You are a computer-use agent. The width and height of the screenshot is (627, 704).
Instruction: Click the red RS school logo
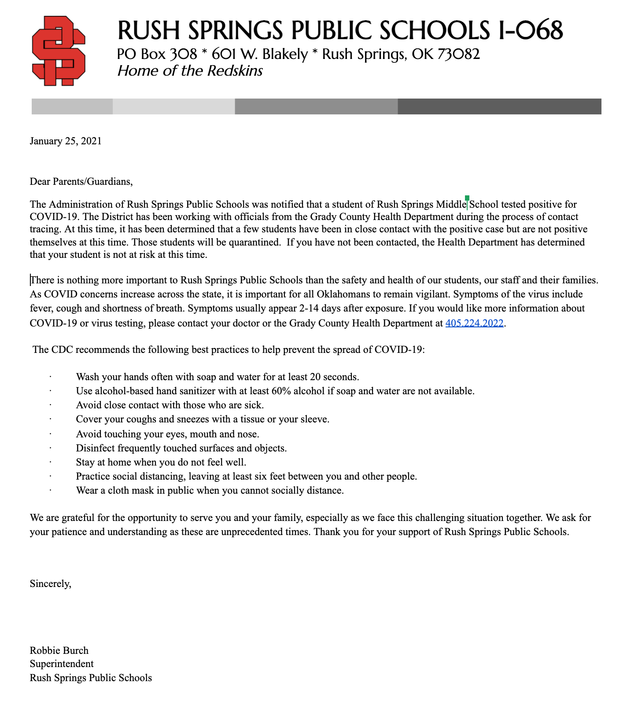59,51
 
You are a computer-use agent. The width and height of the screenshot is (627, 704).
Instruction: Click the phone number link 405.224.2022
474,323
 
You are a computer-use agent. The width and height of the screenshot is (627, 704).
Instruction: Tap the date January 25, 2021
66,141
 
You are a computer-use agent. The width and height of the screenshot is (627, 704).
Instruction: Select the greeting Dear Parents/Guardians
81,181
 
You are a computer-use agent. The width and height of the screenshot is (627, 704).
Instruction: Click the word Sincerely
50,584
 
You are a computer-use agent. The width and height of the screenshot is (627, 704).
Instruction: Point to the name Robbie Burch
59,650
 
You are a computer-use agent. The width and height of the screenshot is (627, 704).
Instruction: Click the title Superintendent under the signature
62,664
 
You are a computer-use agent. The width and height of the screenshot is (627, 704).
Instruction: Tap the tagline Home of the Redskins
190,71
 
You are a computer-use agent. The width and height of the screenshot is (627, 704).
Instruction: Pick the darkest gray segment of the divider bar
499,106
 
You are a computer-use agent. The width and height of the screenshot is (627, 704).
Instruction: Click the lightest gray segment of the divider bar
173,106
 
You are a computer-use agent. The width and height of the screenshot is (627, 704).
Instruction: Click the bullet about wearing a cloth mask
210,491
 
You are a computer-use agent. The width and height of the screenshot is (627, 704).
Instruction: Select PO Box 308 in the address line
157,54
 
